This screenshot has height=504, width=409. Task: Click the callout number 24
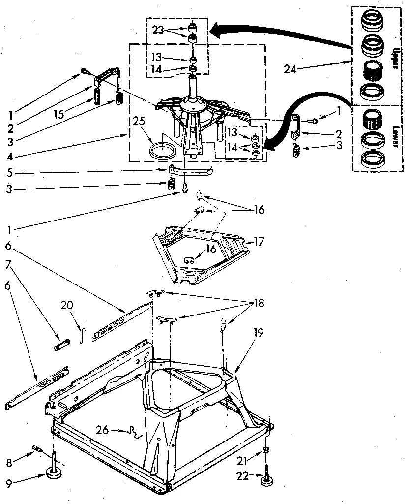[x=290, y=69]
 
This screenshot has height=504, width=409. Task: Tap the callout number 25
[x=139, y=120]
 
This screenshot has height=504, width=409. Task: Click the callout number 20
[x=66, y=306]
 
